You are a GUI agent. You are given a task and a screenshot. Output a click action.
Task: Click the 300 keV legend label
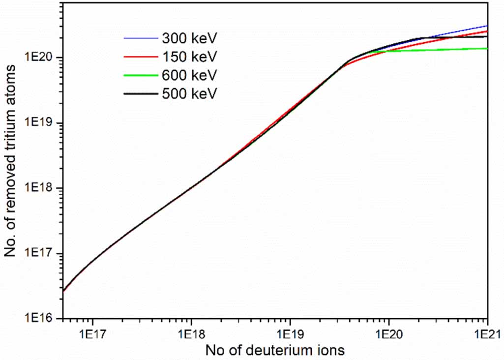click(189, 38)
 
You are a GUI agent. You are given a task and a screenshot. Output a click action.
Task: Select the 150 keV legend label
click(189, 57)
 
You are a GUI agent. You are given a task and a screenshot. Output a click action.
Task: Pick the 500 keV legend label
click(189, 93)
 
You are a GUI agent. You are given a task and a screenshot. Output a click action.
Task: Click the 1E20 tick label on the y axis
click(41, 58)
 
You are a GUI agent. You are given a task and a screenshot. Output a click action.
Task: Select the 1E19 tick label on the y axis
click(41, 123)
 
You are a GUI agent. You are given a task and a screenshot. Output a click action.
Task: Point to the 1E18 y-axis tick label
click(41, 188)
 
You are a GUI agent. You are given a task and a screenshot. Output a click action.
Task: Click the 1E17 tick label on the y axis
click(41, 254)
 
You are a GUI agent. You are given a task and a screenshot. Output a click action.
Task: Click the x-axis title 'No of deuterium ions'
click(275, 351)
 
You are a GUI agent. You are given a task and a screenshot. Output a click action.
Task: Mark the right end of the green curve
click(487, 48)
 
